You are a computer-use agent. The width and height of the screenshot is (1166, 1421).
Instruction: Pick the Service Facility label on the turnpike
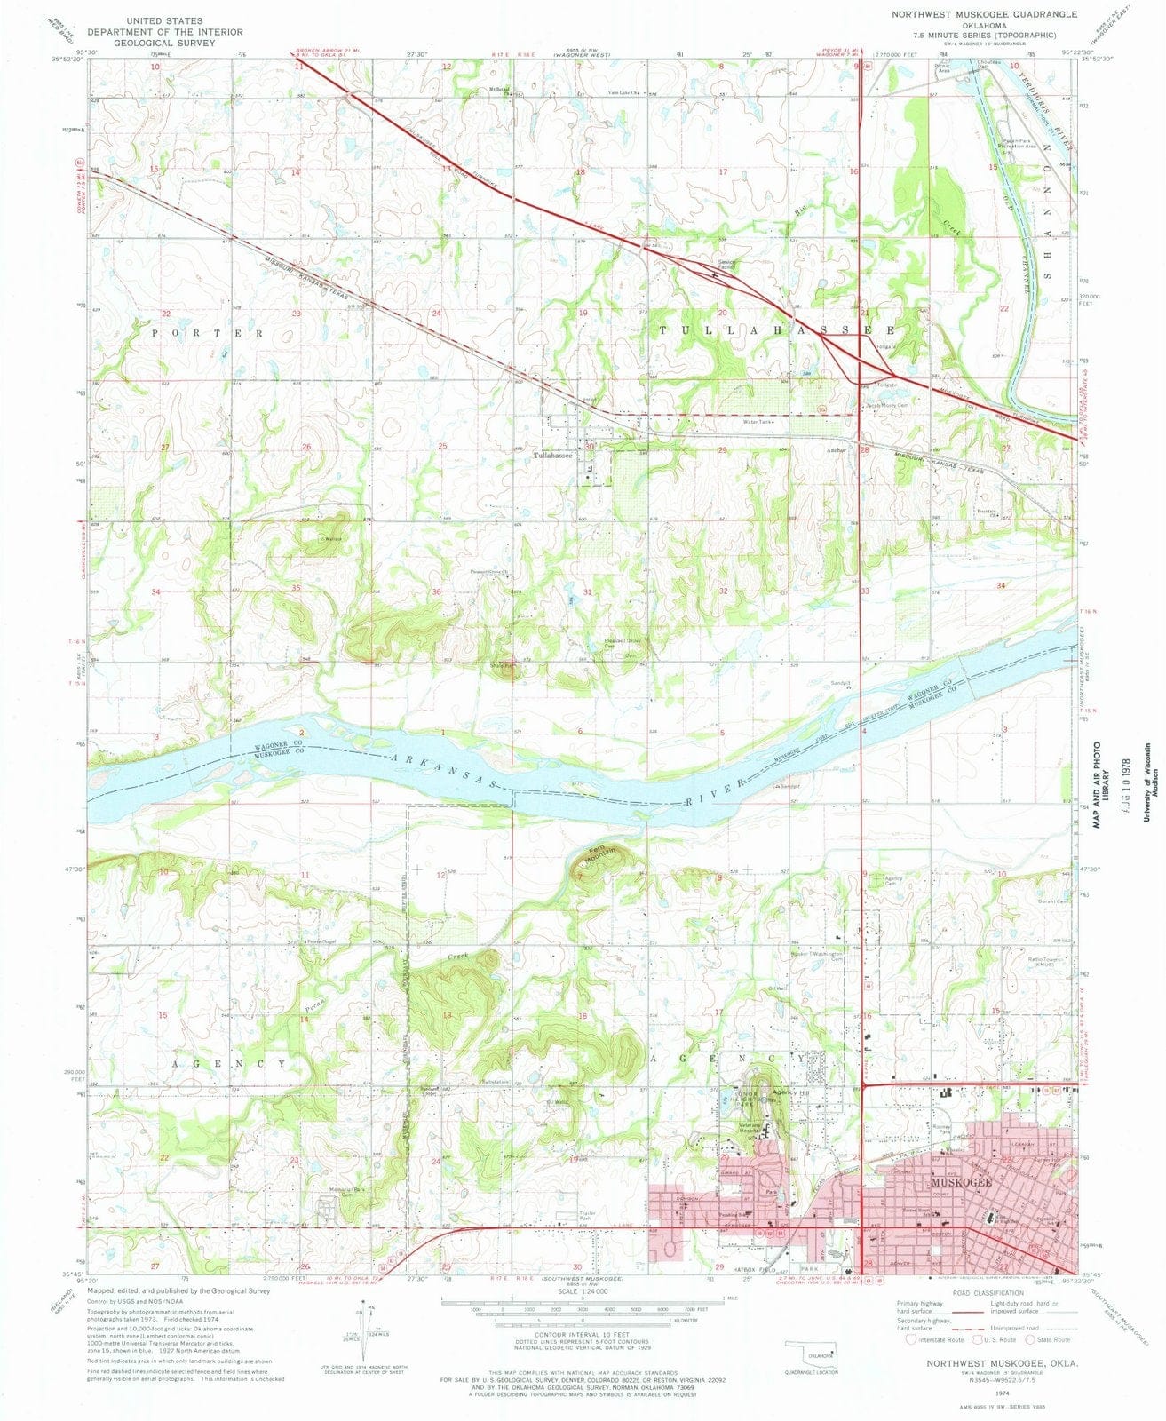(727, 264)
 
